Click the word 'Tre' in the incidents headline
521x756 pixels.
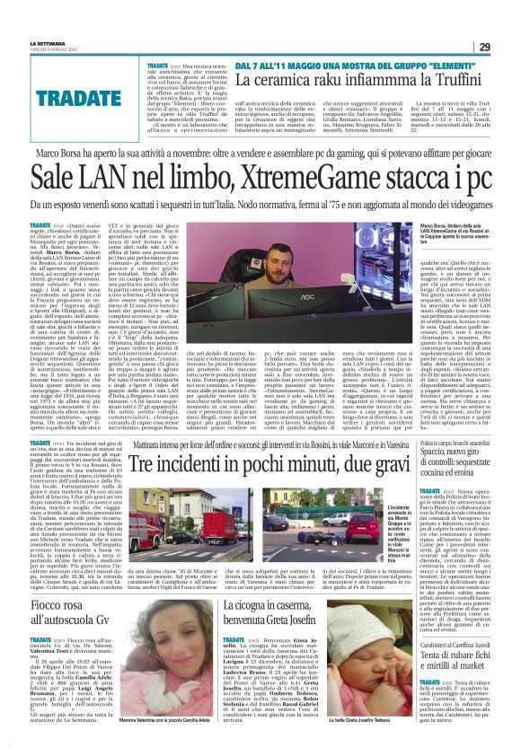(x=144, y=463)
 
